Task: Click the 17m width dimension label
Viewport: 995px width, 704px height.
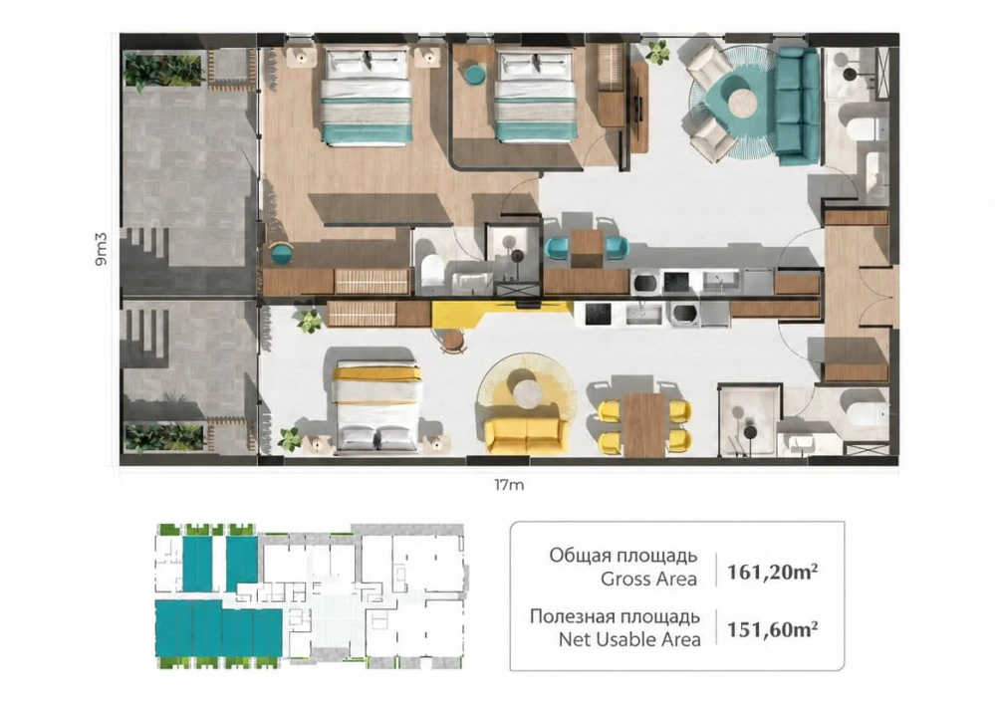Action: [509, 485]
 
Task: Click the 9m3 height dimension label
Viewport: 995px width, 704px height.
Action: [101, 249]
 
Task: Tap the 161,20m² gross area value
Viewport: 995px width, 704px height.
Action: [772, 572]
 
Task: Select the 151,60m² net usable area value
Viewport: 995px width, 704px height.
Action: [772, 629]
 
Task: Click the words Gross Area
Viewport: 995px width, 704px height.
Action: [648, 580]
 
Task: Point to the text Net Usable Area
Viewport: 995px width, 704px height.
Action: [629, 640]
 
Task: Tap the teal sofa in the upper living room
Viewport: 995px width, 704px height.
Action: [797, 106]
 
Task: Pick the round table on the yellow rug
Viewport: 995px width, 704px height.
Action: [528, 394]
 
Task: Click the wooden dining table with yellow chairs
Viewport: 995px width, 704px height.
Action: [644, 424]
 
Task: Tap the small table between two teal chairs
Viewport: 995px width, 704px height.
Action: [586, 248]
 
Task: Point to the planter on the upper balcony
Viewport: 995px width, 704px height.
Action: [163, 70]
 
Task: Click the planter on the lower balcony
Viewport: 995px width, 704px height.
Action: [164, 437]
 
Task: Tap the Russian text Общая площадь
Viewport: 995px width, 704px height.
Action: [623, 556]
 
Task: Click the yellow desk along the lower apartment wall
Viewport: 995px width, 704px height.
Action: [501, 313]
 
